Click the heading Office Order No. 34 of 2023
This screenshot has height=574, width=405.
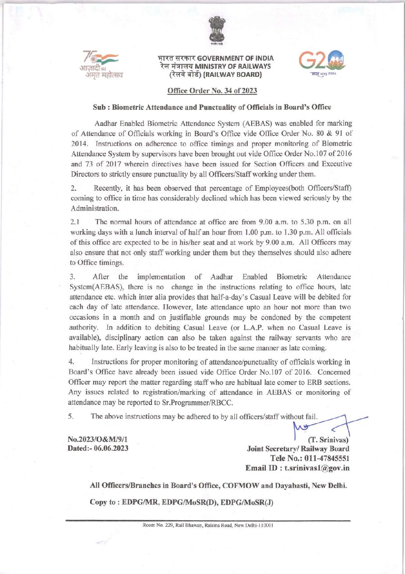click(212, 91)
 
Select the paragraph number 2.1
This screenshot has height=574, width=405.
click(75, 222)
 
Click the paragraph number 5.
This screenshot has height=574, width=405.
click(71, 417)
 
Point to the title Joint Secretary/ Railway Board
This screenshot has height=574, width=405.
click(298, 449)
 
